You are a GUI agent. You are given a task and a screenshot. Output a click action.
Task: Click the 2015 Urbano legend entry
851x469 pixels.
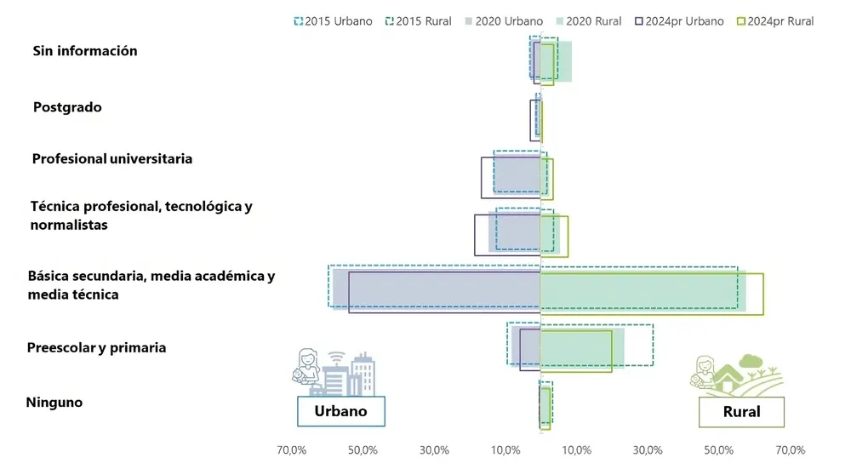pyautogui.click(x=333, y=21)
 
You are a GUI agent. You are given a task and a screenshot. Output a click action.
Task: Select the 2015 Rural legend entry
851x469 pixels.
pyautogui.click(x=420, y=21)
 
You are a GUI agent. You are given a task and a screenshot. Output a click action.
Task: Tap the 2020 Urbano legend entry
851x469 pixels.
pyautogui.click(x=505, y=21)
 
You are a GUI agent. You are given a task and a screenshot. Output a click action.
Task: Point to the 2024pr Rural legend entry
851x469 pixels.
pyautogui.click(x=775, y=21)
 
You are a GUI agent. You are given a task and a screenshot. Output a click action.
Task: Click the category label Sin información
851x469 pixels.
pyautogui.click(x=85, y=51)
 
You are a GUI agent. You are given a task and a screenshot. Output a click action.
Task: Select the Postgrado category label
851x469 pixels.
pyautogui.click(x=67, y=107)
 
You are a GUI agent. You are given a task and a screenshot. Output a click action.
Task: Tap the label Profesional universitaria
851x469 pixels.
pyautogui.click(x=111, y=159)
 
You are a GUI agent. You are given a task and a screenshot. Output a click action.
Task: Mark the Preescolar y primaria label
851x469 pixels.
pyautogui.click(x=96, y=348)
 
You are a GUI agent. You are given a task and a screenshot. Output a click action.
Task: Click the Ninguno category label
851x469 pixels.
pyautogui.click(x=54, y=403)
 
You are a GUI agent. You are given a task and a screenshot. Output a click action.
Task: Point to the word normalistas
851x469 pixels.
pyautogui.click(x=68, y=226)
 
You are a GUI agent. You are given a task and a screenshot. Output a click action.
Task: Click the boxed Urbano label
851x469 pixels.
pyautogui.click(x=340, y=411)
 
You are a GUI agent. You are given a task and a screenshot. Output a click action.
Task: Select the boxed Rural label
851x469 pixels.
pyautogui.click(x=741, y=413)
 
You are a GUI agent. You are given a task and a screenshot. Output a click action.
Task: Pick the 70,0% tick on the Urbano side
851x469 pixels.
pyautogui.click(x=292, y=449)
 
